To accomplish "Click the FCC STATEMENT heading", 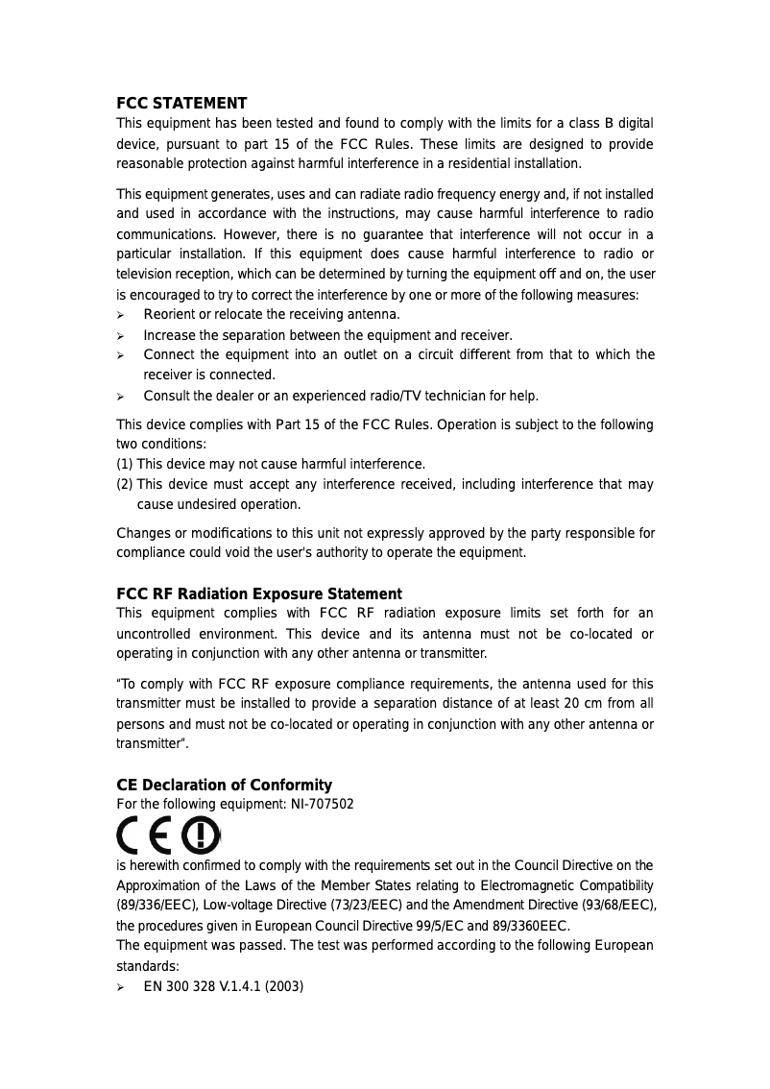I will tap(181, 103).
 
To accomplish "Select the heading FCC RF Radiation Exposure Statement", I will tap(258, 593).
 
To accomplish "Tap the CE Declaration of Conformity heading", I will tap(224, 785).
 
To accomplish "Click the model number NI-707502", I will tap(322, 804).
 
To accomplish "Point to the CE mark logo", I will tap(145, 834).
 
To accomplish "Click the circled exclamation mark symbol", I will tap(200, 834).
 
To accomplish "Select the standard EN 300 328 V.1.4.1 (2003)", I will tap(223, 985).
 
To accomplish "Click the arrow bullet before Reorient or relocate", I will tap(121, 315).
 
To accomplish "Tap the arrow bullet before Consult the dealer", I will tap(121, 397).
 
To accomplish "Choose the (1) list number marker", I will tap(125, 465).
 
